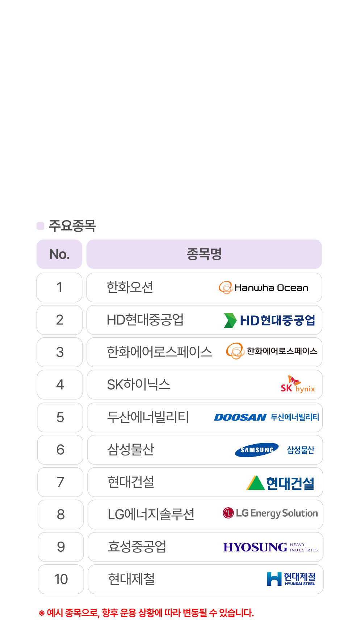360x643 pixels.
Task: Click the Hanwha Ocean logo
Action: pyautogui.click(x=263, y=287)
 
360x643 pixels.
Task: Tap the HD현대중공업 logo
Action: pyautogui.click(x=269, y=320)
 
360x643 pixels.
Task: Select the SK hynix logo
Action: pyautogui.click(x=298, y=384)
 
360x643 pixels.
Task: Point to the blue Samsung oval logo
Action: pyautogui.click(x=257, y=450)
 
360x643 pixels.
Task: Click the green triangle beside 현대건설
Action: pyautogui.click(x=255, y=483)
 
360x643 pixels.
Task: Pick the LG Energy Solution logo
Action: pyautogui.click(x=270, y=513)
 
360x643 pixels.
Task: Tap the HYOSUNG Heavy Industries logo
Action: pyautogui.click(x=270, y=547)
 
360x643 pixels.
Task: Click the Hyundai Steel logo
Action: pyautogui.click(x=291, y=579)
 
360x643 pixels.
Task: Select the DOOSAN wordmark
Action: pyautogui.click(x=240, y=417)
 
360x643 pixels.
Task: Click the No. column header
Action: pyautogui.click(x=59, y=254)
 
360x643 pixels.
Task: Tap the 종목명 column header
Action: pyautogui.click(x=204, y=254)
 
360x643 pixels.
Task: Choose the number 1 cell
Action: pyautogui.click(x=59, y=287)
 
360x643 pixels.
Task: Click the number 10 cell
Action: pyautogui.click(x=61, y=579)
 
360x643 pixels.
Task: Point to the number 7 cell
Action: pyautogui.click(x=60, y=482)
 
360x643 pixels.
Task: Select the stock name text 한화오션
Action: pyautogui.click(x=130, y=287)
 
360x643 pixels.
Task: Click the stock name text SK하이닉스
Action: pyautogui.click(x=138, y=384)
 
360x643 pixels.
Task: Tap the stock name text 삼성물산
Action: pyautogui.click(x=131, y=450)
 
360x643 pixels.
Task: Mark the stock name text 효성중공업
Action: pyautogui.click(x=137, y=547)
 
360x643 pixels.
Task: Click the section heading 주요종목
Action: pyautogui.click(x=72, y=226)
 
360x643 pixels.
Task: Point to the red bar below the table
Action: pyautogui.click(x=146, y=613)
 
